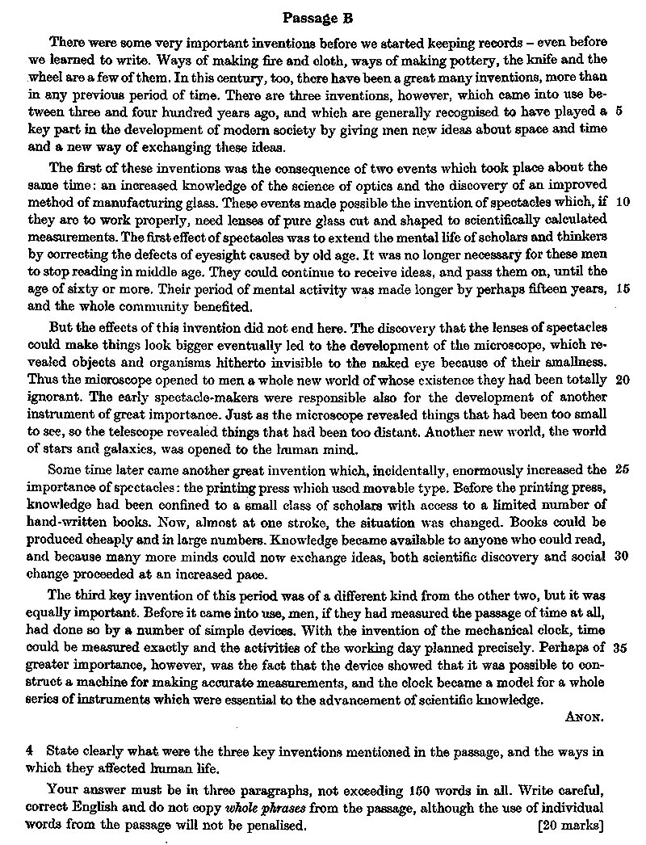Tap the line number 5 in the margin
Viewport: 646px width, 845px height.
point(618,111)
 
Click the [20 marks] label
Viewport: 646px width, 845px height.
point(570,825)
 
